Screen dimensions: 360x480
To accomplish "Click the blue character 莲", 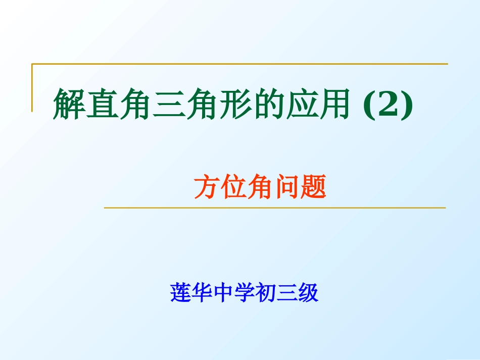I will point(180,292).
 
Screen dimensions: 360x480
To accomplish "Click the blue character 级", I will point(308,292).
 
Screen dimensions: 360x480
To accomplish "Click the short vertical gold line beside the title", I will point(32,87).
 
